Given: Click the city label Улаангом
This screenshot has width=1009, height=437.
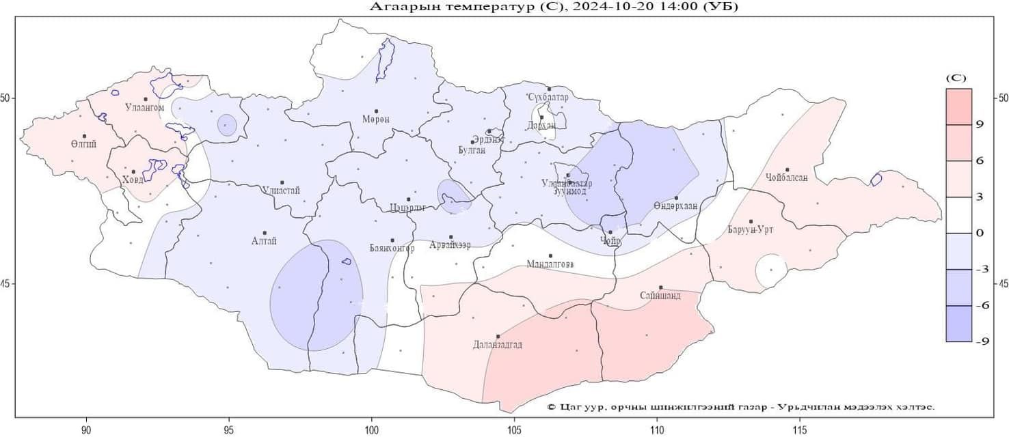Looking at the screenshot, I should coord(145,108).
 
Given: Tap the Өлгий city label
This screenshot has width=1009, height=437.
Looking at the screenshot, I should coord(83,144).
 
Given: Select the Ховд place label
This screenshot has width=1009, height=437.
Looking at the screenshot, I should coord(133,180).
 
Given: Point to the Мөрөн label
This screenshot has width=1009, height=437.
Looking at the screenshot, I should coord(376,119).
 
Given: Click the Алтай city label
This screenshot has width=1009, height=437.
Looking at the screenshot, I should coord(264,241).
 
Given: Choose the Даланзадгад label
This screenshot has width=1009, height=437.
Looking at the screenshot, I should coord(498,345).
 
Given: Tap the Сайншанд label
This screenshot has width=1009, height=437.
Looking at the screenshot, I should coord(660,296).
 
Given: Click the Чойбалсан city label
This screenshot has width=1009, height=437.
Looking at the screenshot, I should coord(787,178).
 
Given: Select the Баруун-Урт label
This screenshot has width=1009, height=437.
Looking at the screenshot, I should coord(751,229).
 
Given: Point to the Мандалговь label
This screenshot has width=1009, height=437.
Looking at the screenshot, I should coord(550,264).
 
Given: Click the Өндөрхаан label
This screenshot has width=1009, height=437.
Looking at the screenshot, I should coord(675,206).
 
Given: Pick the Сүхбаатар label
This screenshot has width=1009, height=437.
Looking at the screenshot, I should coord(548,98).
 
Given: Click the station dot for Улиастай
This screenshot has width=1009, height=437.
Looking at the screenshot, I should coord(282,183).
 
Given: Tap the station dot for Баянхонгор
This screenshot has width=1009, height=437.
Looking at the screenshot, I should coord(392,240).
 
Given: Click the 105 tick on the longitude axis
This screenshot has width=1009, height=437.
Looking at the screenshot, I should coord(514,430).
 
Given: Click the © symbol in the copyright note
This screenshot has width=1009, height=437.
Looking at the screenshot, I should coord(552,407).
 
